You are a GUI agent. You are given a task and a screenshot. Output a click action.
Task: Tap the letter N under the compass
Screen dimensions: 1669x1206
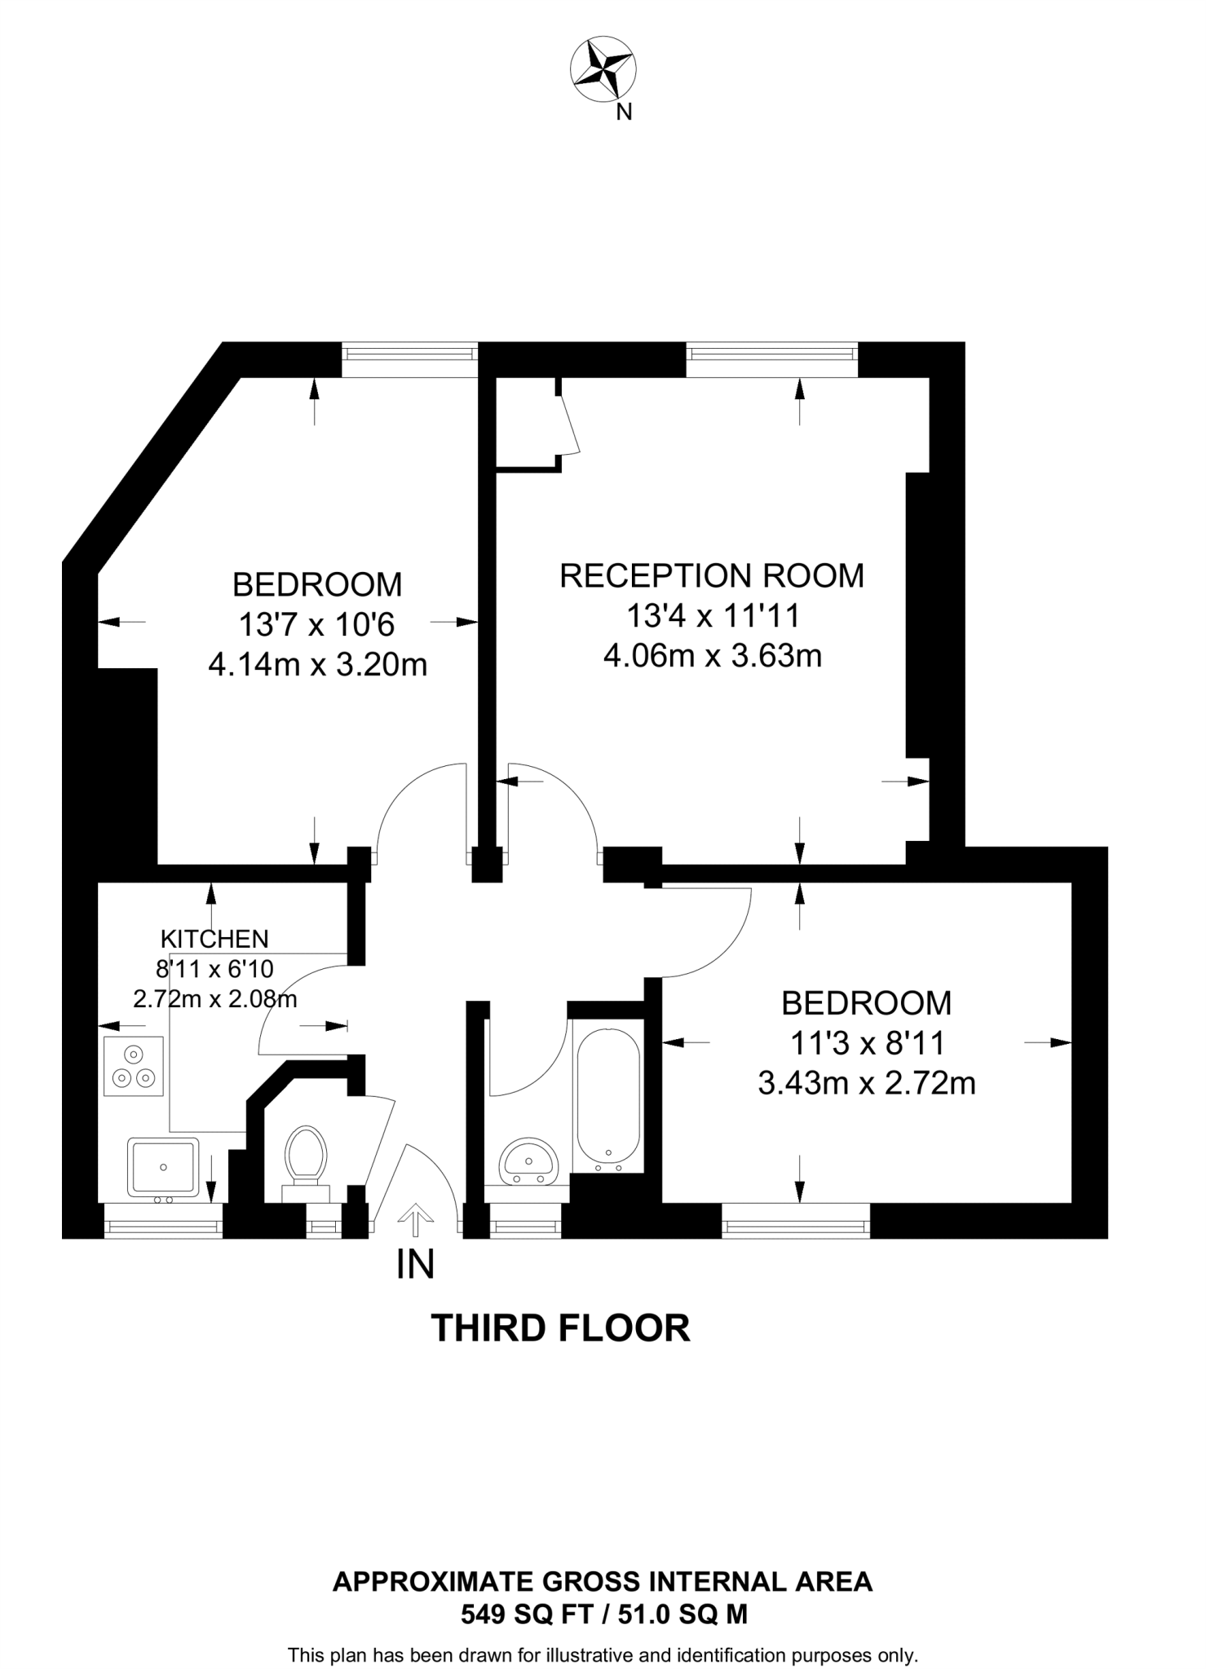coord(624,113)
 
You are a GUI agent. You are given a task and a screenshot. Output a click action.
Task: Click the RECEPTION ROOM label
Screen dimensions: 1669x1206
coord(711,575)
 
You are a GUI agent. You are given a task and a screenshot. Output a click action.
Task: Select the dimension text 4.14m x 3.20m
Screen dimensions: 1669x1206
coord(318,665)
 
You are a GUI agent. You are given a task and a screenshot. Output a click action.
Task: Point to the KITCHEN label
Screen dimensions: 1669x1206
coord(214,939)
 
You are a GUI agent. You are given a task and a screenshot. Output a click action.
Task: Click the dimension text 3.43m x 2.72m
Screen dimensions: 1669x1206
coord(867,1084)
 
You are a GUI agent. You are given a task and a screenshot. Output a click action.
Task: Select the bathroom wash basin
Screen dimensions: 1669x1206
coord(528,1160)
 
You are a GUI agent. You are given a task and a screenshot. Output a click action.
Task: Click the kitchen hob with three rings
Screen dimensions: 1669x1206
coord(134,1066)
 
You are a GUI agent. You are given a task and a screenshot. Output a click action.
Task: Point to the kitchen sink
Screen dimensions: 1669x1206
coord(163,1168)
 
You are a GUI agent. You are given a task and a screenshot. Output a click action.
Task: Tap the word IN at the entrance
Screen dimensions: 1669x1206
coord(415,1265)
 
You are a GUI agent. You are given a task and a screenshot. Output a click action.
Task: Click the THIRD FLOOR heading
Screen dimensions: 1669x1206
coord(560,1328)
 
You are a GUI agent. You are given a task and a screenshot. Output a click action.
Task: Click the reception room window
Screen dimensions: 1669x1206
coord(772,353)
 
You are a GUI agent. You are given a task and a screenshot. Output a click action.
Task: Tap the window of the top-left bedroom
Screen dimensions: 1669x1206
coord(409,353)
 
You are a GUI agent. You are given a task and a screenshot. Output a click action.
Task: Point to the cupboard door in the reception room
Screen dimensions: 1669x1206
coord(569,425)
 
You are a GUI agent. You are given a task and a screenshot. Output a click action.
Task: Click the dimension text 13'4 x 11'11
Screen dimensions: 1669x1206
coord(712,615)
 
